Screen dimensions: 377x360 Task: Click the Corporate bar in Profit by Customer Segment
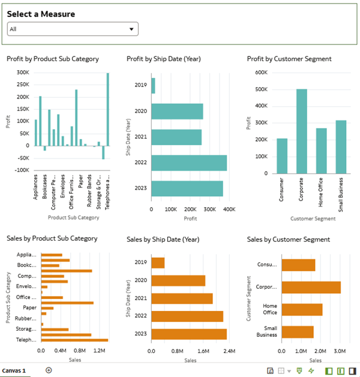coord(302,131)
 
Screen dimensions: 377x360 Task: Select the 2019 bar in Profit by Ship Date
coord(153,85)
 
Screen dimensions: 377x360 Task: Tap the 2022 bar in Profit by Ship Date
coord(189,163)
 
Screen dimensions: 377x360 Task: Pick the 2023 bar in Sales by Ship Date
coord(189,334)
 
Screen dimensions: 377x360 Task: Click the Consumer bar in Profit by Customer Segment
coord(282,155)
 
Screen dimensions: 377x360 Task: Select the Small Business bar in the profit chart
coord(341,146)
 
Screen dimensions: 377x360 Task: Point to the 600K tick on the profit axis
coord(260,73)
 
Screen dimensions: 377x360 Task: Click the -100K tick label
coord(22,170)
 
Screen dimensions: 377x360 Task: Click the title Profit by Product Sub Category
coord(53,59)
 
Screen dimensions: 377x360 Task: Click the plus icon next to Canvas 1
coord(49,370)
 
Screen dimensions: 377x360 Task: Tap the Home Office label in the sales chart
coord(269,309)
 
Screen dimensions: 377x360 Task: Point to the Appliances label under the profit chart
coord(36,187)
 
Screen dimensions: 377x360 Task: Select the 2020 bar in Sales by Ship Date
coord(178,280)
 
